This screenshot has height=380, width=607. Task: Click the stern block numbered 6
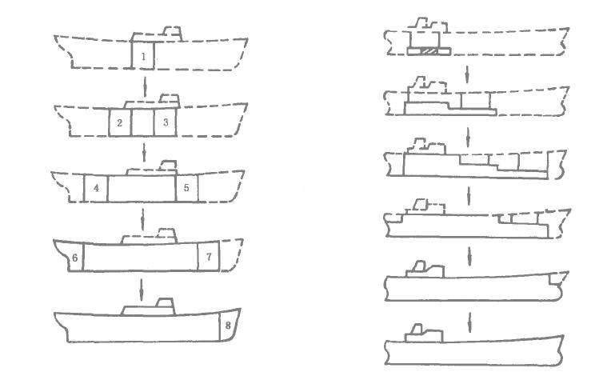tap(74, 258)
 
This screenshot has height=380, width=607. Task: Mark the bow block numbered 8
tap(229, 326)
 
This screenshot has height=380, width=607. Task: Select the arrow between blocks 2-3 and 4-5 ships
tap(142, 150)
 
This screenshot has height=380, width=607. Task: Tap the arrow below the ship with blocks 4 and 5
tap(142, 217)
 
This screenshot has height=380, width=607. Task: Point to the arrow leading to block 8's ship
tap(142, 286)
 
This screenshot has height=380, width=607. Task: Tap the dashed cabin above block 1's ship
tap(171, 33)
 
